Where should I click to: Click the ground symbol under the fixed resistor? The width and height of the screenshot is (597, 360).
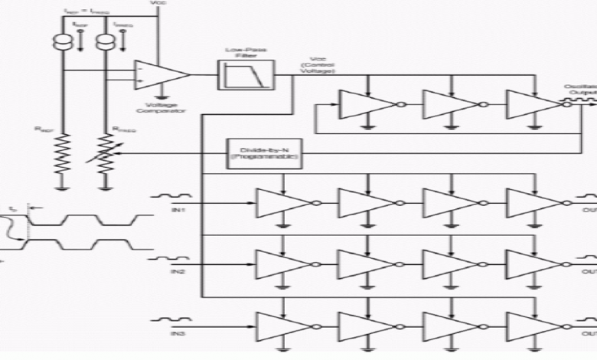pyautogui.click(x=63, y=185)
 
